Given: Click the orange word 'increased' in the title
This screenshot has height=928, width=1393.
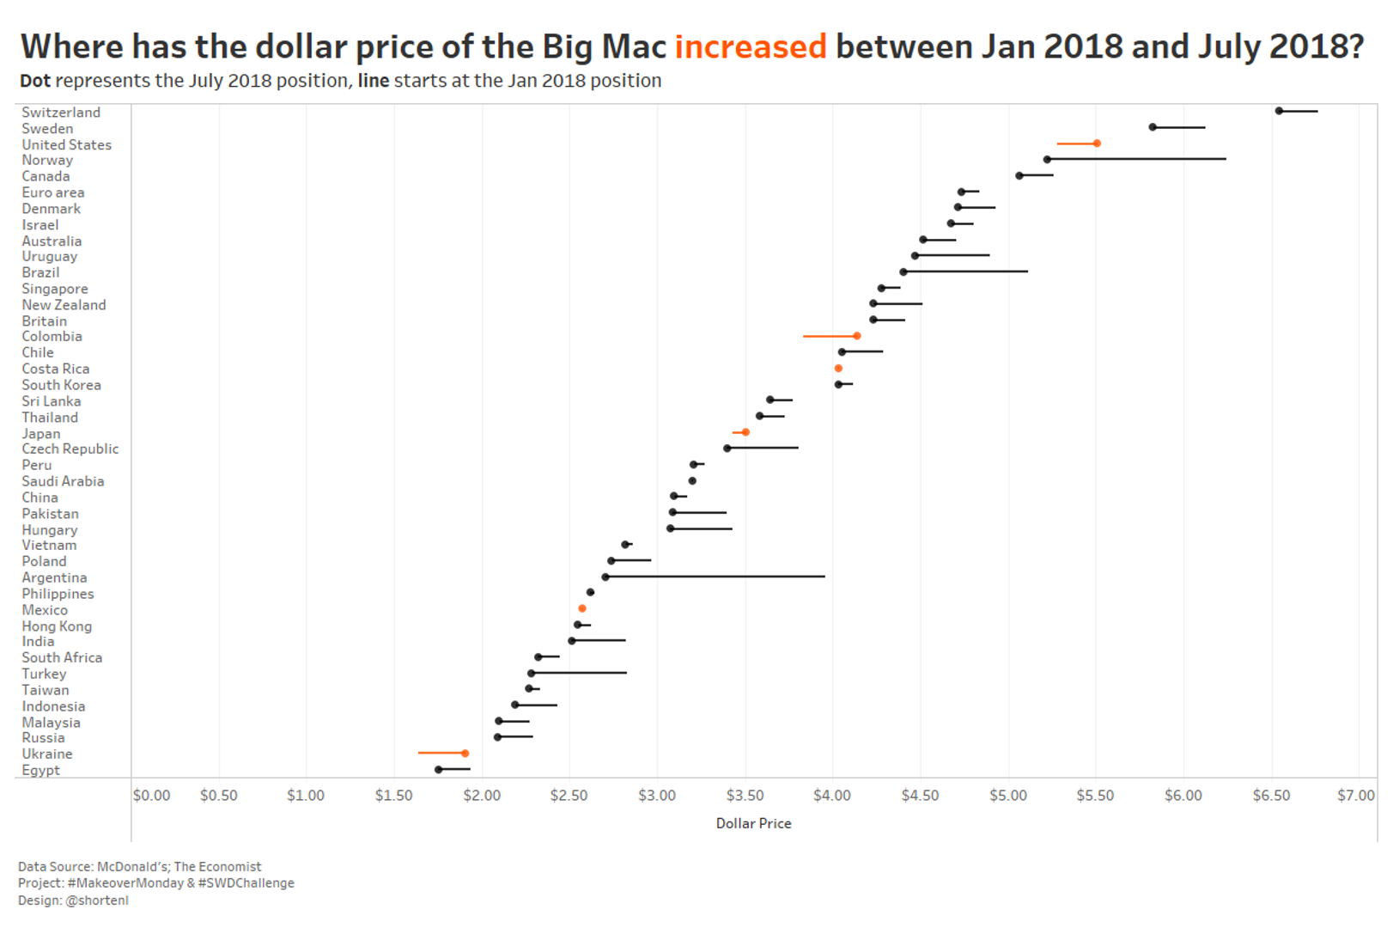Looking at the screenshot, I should pyautogui.click(x=750, y=46).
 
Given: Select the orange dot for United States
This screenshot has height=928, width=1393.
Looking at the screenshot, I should pyautogui.click(x=1097, y=143).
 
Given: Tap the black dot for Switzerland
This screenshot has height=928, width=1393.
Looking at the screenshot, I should pyautogui.click(x=1279, y=111).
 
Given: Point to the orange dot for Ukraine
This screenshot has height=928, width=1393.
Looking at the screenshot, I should pyautogui.click(x=465, y=754).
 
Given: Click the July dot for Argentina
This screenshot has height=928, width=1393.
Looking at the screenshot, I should pyautogui.click(x=605, y=577).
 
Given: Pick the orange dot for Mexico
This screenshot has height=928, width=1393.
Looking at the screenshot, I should pyautogui.click(x=582, y=608).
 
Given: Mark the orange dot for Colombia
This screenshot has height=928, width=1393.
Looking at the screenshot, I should pyautogui.click(x=857, y=336).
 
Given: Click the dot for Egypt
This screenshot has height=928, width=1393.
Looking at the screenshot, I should pyautogui.click(x=439, y=769).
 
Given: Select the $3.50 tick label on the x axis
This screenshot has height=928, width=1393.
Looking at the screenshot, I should pyautogui.click(x=745, y=796).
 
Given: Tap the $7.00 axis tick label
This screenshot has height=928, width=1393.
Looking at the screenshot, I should pyautogui.click(x=1355, y=796).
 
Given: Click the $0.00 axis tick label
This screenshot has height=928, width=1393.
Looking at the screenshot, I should pyautogui.click(x=151, y=796).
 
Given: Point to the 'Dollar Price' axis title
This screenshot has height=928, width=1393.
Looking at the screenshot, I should pyautogui.click(x=753, y=823).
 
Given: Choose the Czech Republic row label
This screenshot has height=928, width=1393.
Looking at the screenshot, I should pyautogui.click(x=70, y=449).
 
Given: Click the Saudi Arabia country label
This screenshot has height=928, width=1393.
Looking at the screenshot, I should pyautogui.click(x=63, y=481).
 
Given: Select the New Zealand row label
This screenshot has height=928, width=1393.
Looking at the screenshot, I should pyautogui.click(x=64, y=305).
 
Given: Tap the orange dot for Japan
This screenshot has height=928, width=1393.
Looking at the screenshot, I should pyautogui.click(x=745, y=432).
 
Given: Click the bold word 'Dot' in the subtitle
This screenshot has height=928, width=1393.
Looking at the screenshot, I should pyautogui.click(x=35, y=81).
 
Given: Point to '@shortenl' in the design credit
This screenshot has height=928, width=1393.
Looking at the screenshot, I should pyautogui.click(x=97, y=901).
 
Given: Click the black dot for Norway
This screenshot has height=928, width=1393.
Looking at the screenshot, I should pyautogui.click(x=1047, y=160).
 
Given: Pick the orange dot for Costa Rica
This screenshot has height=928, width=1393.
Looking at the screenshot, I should pyautogui.click(x=838, y=369).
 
